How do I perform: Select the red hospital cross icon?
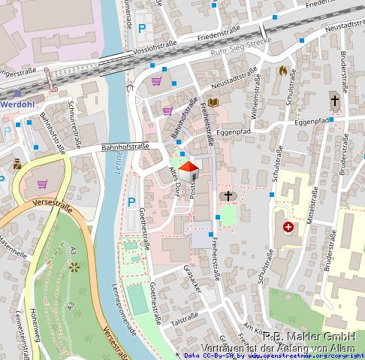tap(288, 226)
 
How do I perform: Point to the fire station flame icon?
tap(282, 71)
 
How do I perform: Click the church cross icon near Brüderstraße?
tap(335, 100)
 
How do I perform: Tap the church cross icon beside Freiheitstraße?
tap(226, 196)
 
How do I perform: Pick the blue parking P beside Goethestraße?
tap(131, 201)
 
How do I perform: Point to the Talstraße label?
tap(183, 319)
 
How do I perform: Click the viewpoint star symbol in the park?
tap(74, 266)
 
